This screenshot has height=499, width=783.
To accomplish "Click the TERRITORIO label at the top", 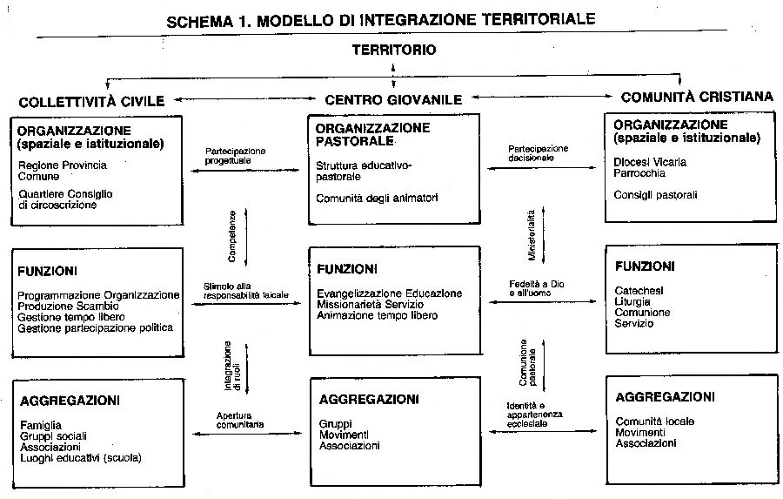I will pos(393,50).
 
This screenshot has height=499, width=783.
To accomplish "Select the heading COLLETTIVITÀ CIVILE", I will pos(90,100).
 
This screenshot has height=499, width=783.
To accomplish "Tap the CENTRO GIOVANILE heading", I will pos(393,100).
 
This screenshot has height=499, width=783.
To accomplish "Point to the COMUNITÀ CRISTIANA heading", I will pos(697,97).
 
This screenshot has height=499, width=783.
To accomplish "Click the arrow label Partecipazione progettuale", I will pos(236,155).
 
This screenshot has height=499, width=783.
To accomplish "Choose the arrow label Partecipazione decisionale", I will pos(538,153).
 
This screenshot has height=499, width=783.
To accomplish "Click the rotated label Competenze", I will pos(232,237).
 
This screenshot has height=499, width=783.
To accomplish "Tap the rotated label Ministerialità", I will pos(532,235).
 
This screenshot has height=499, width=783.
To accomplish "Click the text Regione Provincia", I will pos(62,165).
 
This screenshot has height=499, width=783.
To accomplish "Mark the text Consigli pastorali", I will pos(655,195).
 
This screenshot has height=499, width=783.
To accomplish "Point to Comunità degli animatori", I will pos(377,199).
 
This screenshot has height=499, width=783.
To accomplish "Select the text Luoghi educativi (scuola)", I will pos(79,457).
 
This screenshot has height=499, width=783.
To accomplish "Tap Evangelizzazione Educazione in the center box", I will pos(389,293).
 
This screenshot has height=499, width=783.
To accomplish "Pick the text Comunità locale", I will pos(653,421).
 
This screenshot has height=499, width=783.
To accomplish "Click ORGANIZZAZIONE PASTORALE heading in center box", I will pos(372,133).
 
